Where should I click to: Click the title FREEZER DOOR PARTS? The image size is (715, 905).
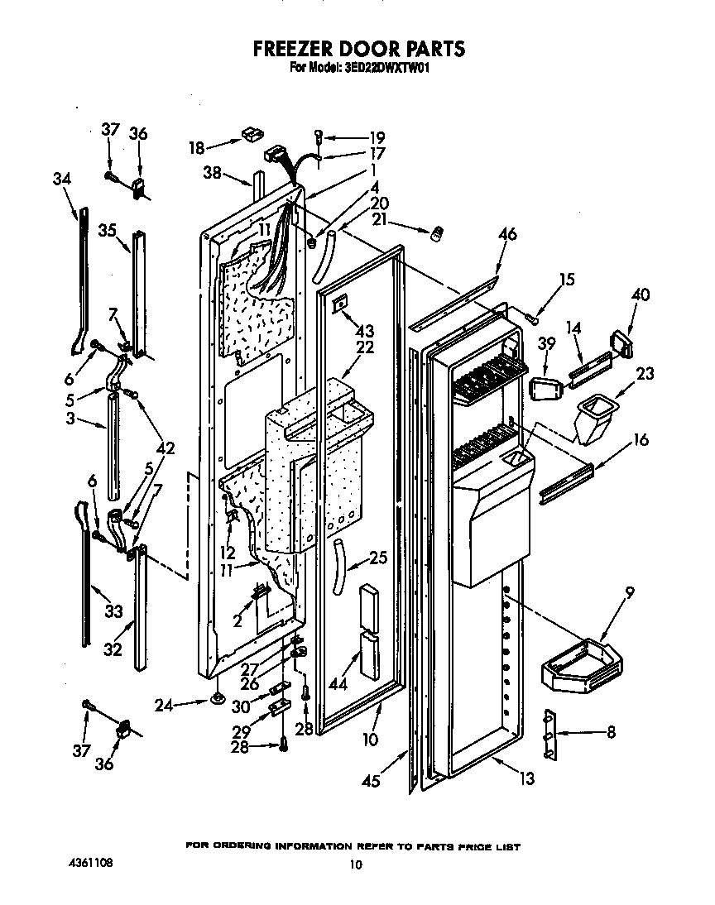click(x=358, y=49)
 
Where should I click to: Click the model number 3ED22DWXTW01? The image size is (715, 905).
click(x=381, y=69)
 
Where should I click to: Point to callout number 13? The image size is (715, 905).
click(x=527, y=778)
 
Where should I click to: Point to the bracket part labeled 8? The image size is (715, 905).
click(x=551, y=733)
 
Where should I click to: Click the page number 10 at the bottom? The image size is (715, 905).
click(x=356, y=865)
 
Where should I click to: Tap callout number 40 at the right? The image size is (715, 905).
click(x=641, y=294)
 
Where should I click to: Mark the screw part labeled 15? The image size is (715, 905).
click(x=533, y=314)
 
